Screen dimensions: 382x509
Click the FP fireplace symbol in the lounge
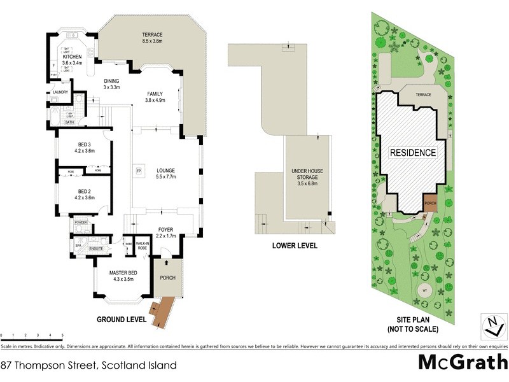coord(137,170)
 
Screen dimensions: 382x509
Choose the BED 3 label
coord(85,147)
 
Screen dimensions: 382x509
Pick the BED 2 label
coord(85,194)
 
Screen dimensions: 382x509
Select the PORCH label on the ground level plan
coord(169,277)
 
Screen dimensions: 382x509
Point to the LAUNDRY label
coord(60,92)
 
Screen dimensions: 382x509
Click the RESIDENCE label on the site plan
coord(413,153)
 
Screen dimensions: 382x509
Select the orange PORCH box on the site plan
coord(431,202)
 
